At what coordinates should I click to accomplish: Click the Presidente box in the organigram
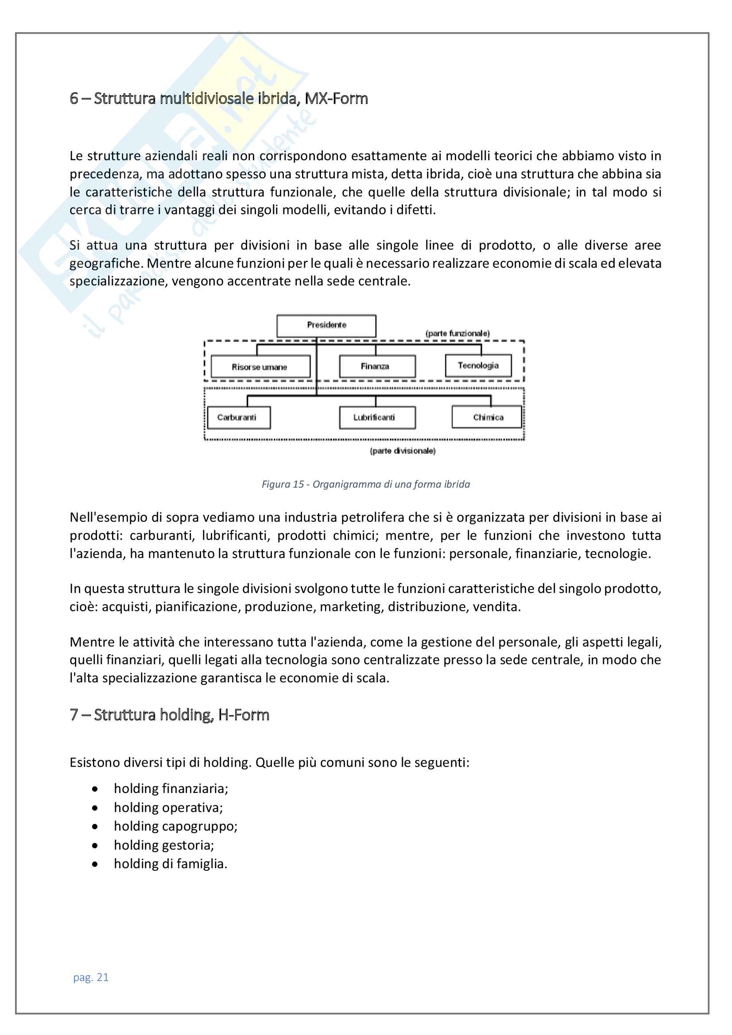coord(326,326)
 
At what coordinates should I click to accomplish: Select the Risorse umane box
coord(260,366)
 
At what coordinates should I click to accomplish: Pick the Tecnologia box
coord(478,366)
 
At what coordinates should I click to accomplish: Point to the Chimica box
coord(487,417)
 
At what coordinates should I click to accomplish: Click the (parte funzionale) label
coord(457,334)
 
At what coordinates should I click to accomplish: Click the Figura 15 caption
coord(365,484)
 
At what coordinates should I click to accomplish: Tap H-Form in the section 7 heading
coord(244,715)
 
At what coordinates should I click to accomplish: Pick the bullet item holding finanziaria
coord(171,789)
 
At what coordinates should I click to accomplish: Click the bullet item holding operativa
coord(168,808)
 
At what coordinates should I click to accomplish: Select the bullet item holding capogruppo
coord(175,826)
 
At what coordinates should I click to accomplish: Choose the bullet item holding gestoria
coord(164,845)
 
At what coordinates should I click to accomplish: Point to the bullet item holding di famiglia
coord(170,864)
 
